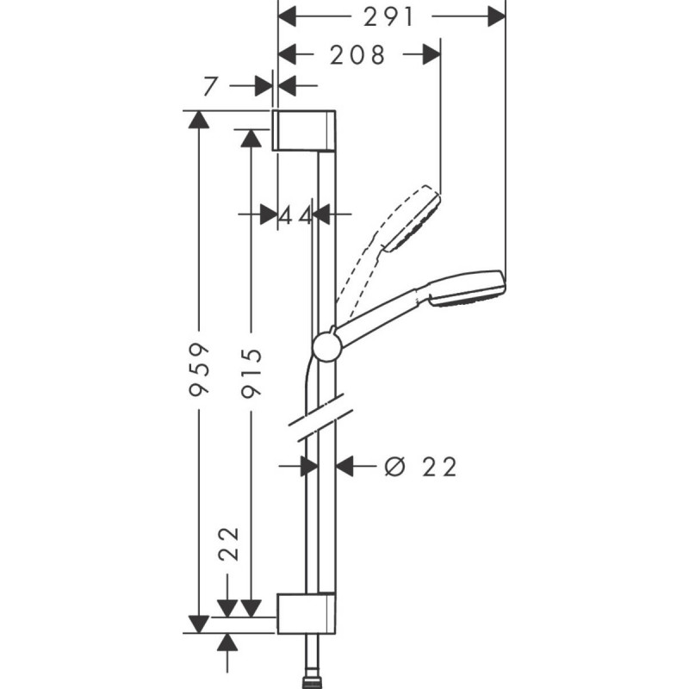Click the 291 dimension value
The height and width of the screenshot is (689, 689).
click(x=388, y=17)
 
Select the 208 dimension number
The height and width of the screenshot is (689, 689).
click(x=357, y=55)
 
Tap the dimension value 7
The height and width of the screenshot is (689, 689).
click(x=210, y=86)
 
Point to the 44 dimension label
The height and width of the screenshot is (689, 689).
click(x=295, y=216)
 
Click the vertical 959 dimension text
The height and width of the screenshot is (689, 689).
click(x=199, y=370)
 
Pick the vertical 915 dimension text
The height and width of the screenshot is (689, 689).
click(x=251, y=373)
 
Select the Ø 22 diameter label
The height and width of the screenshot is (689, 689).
click(x=420, y=467)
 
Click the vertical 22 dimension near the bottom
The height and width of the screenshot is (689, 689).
click(x=229, y=543)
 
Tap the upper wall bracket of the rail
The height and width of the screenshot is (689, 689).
click(x=304, y=131)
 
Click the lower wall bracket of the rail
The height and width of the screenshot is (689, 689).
click(x=307, y=613)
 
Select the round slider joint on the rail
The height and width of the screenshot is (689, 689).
click(x=326, y=346)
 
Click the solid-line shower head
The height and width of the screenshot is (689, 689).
click(x=466, y=289)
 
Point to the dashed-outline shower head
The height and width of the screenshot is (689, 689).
click(x=413, y=219)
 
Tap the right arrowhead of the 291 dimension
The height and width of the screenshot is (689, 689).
click(x=496, y=17)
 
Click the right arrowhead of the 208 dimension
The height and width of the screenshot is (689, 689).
click(x=431, y=55)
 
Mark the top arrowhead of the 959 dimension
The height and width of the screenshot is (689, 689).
click(x=199, y=120)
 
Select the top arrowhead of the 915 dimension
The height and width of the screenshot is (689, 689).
click(x=251, y=138)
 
